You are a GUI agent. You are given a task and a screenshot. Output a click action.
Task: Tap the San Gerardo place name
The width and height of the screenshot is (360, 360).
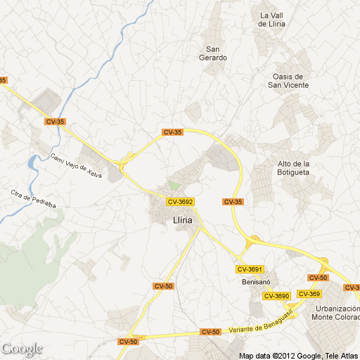[216, 53]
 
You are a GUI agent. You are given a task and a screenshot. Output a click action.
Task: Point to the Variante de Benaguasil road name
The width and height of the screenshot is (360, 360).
[260, 327]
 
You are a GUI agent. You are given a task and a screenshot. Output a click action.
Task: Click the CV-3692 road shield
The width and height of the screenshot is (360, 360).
[180, 202]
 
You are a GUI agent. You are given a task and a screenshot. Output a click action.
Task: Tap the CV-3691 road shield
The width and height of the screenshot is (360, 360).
[250, 269]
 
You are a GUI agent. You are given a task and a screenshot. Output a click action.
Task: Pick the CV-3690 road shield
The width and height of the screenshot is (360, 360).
[276, 296]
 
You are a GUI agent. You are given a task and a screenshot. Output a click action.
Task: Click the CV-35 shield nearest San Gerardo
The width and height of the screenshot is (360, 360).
[172, 132]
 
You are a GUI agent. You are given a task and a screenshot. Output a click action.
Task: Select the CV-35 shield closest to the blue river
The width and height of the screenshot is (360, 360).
[54, 122]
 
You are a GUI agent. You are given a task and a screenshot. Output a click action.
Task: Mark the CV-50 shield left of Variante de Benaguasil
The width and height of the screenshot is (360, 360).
[210, 332]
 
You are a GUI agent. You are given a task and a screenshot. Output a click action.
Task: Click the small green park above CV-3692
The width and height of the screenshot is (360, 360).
[173, 186]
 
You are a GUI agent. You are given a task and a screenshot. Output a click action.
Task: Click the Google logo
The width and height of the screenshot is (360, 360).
[22, 349]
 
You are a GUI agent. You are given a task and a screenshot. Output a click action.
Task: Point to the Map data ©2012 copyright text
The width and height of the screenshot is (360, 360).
[298, 355]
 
